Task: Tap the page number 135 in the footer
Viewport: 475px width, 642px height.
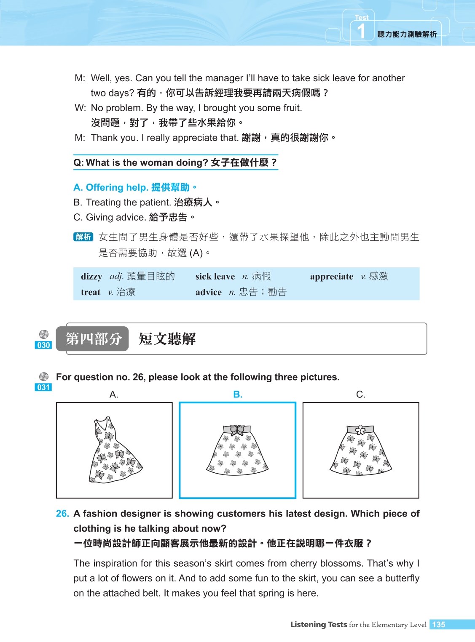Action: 439,625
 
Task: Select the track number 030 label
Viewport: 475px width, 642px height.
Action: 43,345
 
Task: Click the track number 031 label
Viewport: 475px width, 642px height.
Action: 43,387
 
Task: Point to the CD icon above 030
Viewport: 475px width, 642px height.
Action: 44,335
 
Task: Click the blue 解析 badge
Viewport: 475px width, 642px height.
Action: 83,237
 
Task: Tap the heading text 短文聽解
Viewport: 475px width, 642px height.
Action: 167,339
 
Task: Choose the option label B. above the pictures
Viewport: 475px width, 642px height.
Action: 238,394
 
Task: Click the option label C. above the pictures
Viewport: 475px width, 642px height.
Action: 360,394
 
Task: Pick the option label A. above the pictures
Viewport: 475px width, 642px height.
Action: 114,394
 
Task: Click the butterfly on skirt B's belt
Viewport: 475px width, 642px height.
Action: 237,429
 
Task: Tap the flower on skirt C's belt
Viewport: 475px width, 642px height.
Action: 360,430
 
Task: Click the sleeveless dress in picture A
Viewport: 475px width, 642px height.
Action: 114,450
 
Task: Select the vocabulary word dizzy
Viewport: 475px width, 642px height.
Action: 91,277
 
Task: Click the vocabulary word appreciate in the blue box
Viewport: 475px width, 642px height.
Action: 331,277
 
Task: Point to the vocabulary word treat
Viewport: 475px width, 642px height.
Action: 91,292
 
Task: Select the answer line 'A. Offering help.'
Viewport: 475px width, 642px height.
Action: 110,187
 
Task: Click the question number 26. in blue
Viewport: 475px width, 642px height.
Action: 62,514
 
